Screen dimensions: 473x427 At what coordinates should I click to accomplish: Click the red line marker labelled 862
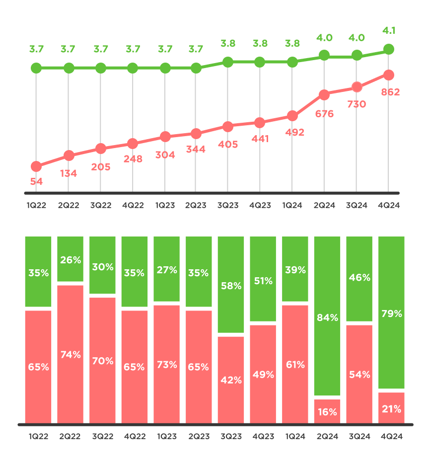pos(389,75)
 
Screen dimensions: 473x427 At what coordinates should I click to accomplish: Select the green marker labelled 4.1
pos(389,49)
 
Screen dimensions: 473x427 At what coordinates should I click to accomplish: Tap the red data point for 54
pos(36,166)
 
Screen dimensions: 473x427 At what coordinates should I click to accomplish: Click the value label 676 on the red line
pos(324,114)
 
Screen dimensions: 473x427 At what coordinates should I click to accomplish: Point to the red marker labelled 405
pos(228,127)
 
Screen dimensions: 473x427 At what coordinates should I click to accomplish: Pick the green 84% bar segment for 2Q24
pos(327,316)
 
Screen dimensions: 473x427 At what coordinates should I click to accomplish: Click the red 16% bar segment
pos(327,411)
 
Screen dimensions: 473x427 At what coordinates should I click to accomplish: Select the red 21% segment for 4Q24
pos(391,408)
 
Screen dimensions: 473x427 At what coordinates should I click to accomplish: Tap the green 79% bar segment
pos(391,312)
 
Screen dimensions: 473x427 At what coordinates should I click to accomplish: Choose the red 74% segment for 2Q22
pos(71,354)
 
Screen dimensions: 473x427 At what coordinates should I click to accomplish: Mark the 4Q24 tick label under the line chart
pos(389,205)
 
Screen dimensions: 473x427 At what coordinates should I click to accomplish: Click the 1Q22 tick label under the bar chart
pos(38,437)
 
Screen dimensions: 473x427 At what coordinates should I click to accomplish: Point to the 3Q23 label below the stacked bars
pos(231,437)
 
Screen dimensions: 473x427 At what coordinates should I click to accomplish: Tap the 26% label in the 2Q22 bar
pos(71,259)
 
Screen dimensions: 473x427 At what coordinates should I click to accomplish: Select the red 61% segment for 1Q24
pos(295,364)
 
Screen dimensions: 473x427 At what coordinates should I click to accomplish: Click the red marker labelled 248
pos(133,144)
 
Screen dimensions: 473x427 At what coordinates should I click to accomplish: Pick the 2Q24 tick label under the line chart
pos(324,205)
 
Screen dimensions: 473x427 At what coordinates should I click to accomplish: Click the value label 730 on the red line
pos(356,104)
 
